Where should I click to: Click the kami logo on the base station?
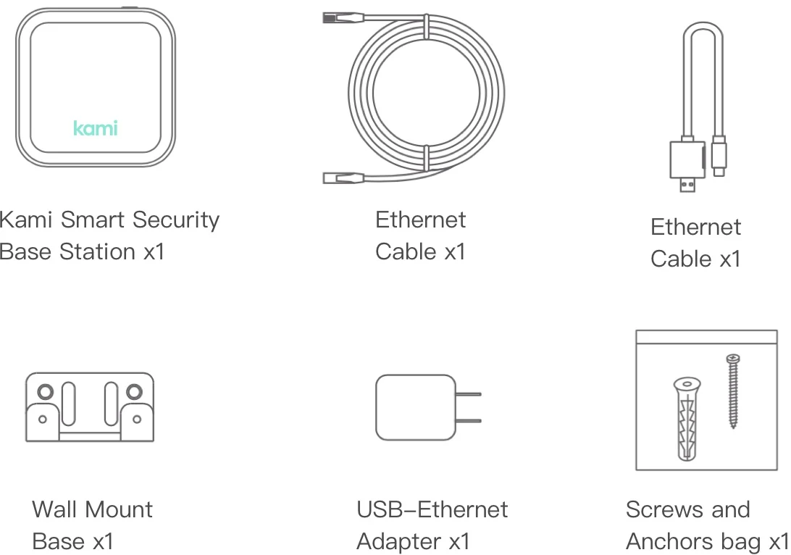[x=95, y=128]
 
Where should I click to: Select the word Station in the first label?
[x=101, y=251]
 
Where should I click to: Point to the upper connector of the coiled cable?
[x=337, y=20]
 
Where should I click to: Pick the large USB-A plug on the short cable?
[x=686, y=164]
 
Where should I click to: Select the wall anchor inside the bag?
[x=686, y=418]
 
